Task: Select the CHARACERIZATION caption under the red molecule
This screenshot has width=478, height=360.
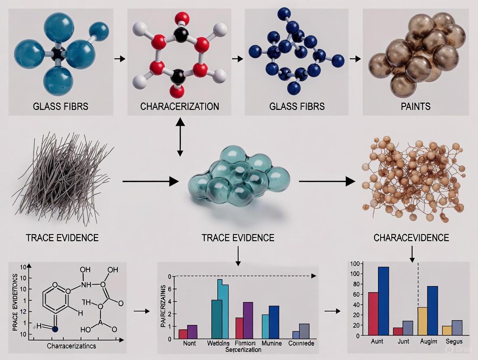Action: (x=180, y=106)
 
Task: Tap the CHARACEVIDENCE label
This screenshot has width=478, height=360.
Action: (x=411, y=238)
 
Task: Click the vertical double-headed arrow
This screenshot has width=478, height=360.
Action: (x=180, y=137)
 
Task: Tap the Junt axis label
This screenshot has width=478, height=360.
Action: (x=404, y=342)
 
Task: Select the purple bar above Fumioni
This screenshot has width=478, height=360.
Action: (x=248, y=320)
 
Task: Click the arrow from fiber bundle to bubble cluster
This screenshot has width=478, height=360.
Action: (x=150, y=182)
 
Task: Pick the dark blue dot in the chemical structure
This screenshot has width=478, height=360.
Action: (x=55, y=329)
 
